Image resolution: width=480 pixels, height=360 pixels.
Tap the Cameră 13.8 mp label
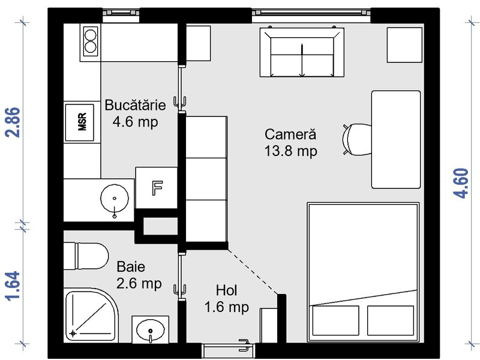[290, 143]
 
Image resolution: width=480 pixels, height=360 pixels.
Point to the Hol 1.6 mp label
[227, 299]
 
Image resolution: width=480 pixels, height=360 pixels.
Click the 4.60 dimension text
[461, 184]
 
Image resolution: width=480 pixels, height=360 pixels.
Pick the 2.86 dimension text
[13, 122]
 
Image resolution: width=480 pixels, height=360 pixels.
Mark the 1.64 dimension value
[13, 286]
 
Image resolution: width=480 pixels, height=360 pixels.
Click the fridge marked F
[157, 188]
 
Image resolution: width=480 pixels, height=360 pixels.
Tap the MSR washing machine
[80, 122]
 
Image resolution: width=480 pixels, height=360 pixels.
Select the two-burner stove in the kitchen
[91, 41]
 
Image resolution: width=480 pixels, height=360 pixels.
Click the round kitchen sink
[115, 199]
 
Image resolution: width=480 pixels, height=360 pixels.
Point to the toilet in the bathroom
[86, 257]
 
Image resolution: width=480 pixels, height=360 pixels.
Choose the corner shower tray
[91, 316]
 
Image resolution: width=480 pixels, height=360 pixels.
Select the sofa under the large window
[302, 52]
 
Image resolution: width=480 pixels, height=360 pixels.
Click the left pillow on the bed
[336, 320]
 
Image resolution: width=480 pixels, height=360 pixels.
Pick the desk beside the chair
[396, 140]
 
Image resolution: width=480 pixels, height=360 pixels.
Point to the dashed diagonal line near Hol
[253, 272]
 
